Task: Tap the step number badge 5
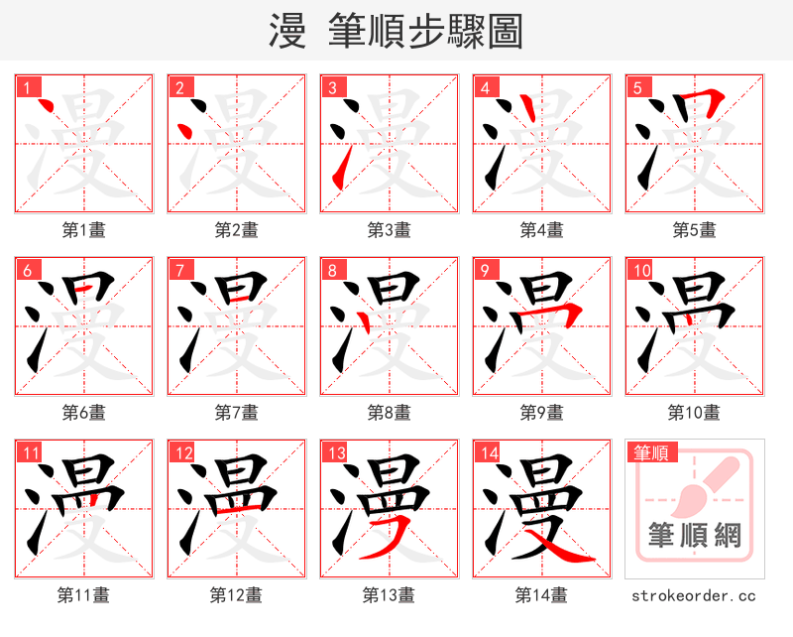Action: [638, 87]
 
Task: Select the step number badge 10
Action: [641, 270]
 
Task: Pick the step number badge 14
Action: [489, 453]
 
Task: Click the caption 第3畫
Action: [390, 230]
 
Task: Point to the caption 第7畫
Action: [237, 413]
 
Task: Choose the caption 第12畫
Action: [237, 595]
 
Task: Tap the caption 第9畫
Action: [542, 413]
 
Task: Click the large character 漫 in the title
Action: [286, 32]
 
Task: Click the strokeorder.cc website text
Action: [694, 595]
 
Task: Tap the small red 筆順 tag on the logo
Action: [649, 453]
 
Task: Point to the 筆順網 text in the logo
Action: [695, 537]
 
